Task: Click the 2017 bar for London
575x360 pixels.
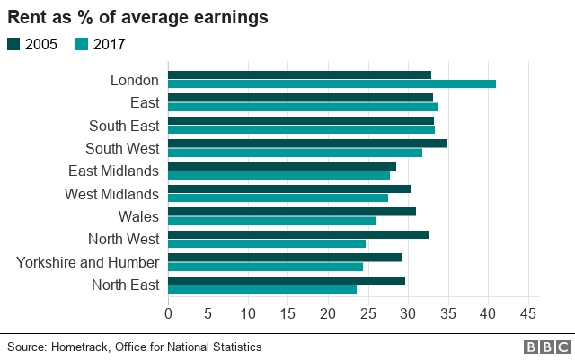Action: click(332, 84)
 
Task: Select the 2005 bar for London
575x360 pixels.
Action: click(299, 75)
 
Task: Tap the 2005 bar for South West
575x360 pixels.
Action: click(307, 144)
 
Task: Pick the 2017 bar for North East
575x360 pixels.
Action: click(262, 289)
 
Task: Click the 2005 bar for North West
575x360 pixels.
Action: click(298, 234)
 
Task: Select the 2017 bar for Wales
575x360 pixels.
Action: click(271, 221)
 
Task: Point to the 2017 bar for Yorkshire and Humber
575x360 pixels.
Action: click(265, 267)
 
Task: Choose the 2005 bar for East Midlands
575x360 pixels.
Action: click(282, 166)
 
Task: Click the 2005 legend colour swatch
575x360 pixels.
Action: click(13, 44)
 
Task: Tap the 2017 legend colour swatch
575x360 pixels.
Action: click(82, 44)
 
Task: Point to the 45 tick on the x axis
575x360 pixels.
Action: click(527, 313)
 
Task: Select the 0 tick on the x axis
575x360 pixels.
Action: click(168, 313)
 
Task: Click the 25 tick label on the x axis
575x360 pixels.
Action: click(367, 313)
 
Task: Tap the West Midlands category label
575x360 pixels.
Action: click(111, 194)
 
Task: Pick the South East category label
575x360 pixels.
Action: click(124, 126)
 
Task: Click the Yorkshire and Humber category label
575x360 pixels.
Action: click(88, 262)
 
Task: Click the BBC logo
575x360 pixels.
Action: click(545, 347)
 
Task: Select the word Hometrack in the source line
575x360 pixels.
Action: click(84, 347)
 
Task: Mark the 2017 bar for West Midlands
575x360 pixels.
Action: click(278, 198)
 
